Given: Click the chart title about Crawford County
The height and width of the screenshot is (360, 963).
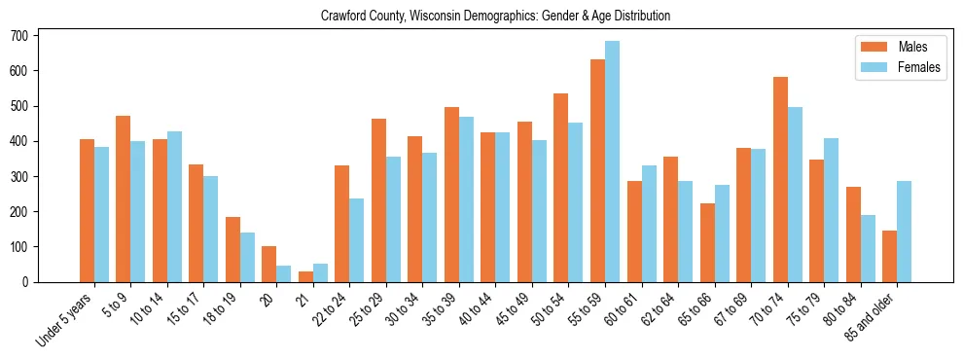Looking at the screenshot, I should (x=495, y=17).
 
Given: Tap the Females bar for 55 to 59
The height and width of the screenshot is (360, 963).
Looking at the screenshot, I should (x=612, y=162).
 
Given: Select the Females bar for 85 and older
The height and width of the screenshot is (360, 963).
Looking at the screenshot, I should (x=905, y=232).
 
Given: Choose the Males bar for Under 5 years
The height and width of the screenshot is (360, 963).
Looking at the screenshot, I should (x=87, y=210).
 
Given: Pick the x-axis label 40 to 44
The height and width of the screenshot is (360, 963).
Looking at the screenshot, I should (x=483, y=306).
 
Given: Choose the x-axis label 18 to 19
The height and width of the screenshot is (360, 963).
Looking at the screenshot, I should (x=229, y=306).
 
